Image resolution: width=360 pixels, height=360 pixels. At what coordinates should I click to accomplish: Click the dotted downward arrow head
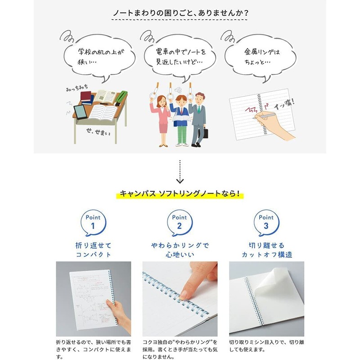[x=180, y=180]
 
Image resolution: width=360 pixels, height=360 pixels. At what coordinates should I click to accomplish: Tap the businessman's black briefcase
[x=205, y=133]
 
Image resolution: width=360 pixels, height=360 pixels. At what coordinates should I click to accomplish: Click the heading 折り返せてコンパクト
[x=93, y=250]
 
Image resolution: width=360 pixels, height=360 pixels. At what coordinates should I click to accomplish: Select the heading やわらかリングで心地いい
[x=180, y=250]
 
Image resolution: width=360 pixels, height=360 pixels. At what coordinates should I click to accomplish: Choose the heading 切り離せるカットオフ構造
[x=266, y=250]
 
